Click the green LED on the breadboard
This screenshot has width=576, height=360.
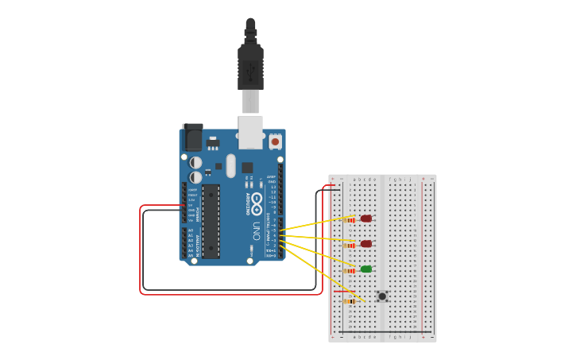365,269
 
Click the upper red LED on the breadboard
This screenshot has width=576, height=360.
365,219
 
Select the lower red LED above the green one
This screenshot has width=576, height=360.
365,244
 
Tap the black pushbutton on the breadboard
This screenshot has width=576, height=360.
382,296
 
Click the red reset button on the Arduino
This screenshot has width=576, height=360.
275,141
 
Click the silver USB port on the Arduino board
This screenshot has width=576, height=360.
250,132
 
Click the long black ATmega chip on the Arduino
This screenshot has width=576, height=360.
211,221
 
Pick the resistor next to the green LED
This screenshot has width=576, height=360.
350,270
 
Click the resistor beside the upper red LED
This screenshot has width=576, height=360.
350,219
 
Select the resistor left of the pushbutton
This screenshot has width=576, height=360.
348,301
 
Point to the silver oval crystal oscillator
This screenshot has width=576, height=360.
230,165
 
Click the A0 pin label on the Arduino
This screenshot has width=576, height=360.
190,230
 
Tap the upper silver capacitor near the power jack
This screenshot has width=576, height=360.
195,163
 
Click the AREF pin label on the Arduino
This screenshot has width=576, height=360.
272,177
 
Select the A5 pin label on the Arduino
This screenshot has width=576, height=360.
190,255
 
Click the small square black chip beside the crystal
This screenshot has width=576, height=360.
247,168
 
